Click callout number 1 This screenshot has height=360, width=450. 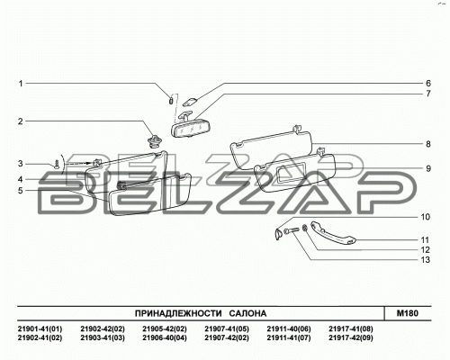point(21,84)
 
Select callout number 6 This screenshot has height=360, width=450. point(428,84)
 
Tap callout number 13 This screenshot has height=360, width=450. point(426,260)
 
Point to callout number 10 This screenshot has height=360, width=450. point(426,217)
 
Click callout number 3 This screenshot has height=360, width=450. point(21,164)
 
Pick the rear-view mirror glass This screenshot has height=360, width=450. point(189,130)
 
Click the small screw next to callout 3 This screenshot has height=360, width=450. point(57,164)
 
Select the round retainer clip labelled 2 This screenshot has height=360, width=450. point(154,140)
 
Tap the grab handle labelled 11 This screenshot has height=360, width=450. point(332,232)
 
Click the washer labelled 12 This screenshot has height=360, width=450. point(304,229)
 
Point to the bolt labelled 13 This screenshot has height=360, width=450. point(291,230)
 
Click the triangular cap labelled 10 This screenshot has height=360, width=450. point(279,234)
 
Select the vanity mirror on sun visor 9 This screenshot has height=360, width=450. point(291,174)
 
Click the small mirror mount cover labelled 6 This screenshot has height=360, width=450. point(189,102)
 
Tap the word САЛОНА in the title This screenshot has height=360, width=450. point(247,313)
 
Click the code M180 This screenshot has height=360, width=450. point(408,313)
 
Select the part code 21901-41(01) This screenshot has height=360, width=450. point(40,328)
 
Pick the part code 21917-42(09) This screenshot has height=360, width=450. point(351,338)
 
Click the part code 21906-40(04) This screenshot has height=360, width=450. point(165,338)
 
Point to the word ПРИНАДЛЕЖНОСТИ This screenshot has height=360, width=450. point(178,313)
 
